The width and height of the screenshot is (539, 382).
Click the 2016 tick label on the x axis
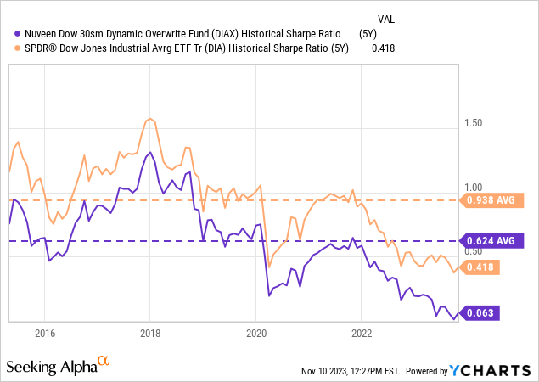[x=44, y=331]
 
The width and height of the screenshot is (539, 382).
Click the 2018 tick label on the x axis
[x=150, y=331]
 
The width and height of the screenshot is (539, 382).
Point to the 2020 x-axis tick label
[x=256, y=331]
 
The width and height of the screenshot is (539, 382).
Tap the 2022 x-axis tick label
[x=362, y=331]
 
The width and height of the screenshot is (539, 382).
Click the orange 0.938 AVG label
[x=490, y=200]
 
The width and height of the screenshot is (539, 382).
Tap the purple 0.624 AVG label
[x=490, y=241]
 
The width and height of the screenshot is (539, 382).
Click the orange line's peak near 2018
[x=149, y=119]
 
